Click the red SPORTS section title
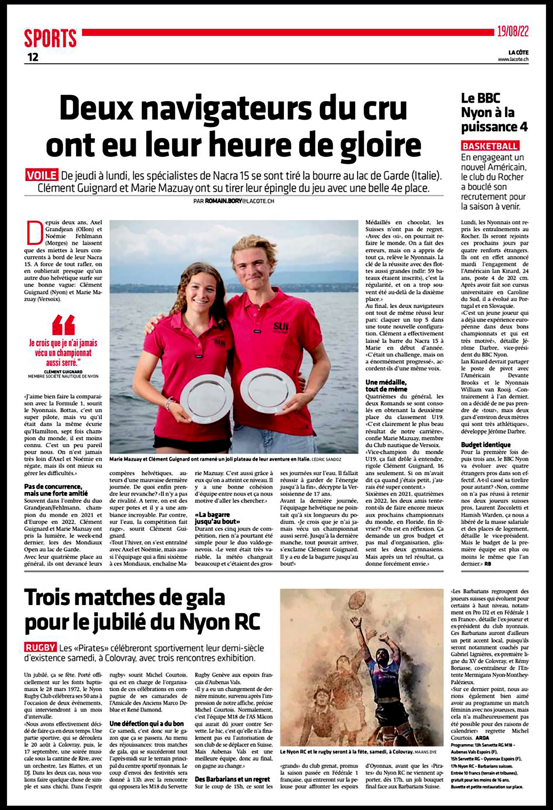50,38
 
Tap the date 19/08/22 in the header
512,32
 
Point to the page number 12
33,57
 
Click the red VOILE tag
41,175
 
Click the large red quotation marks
63,325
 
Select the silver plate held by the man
268,389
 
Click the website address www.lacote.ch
513,60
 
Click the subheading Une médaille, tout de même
386,385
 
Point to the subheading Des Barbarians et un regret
232,779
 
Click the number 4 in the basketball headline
523,127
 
